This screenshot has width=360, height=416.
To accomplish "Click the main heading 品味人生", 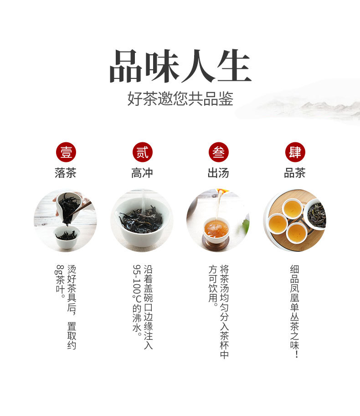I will pos(180,67).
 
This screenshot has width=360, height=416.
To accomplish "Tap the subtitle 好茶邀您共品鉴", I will pos(180,99).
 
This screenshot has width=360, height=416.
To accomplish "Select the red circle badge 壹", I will pos(66,152).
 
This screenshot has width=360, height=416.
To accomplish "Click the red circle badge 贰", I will pos(142,152).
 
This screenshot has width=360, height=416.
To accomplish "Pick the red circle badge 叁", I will pos(218,152).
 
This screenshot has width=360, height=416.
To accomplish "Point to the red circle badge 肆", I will pos(295,152).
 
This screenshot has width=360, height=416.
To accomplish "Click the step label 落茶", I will pos(66,173).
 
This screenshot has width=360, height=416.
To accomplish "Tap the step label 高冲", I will pos(142,173).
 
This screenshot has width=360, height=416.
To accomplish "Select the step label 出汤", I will pos(218,173).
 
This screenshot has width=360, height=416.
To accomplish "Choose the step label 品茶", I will pos(295,173).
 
